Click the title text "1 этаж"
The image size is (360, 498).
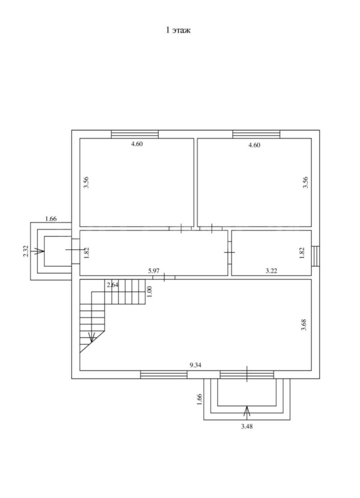(178, 30)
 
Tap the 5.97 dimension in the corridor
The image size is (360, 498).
(154, 271)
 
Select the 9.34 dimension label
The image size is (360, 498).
(195, 365)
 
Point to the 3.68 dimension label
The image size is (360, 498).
(304, 325)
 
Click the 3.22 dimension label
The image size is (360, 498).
(272, 271)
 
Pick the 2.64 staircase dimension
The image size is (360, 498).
(112, 285)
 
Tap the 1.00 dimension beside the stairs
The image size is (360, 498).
(149, 291)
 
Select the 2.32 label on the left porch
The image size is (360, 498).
(26, 251)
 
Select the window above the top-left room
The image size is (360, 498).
(135, 134)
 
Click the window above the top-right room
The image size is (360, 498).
(256, 134)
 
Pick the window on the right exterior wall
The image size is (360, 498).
(316, 256)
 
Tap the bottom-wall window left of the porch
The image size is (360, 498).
(164, 375)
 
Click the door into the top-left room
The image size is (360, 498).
(180, 228)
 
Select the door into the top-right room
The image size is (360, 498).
(211, 228)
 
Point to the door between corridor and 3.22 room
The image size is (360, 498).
(230, 253)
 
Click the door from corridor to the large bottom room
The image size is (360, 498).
(164, 277)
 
